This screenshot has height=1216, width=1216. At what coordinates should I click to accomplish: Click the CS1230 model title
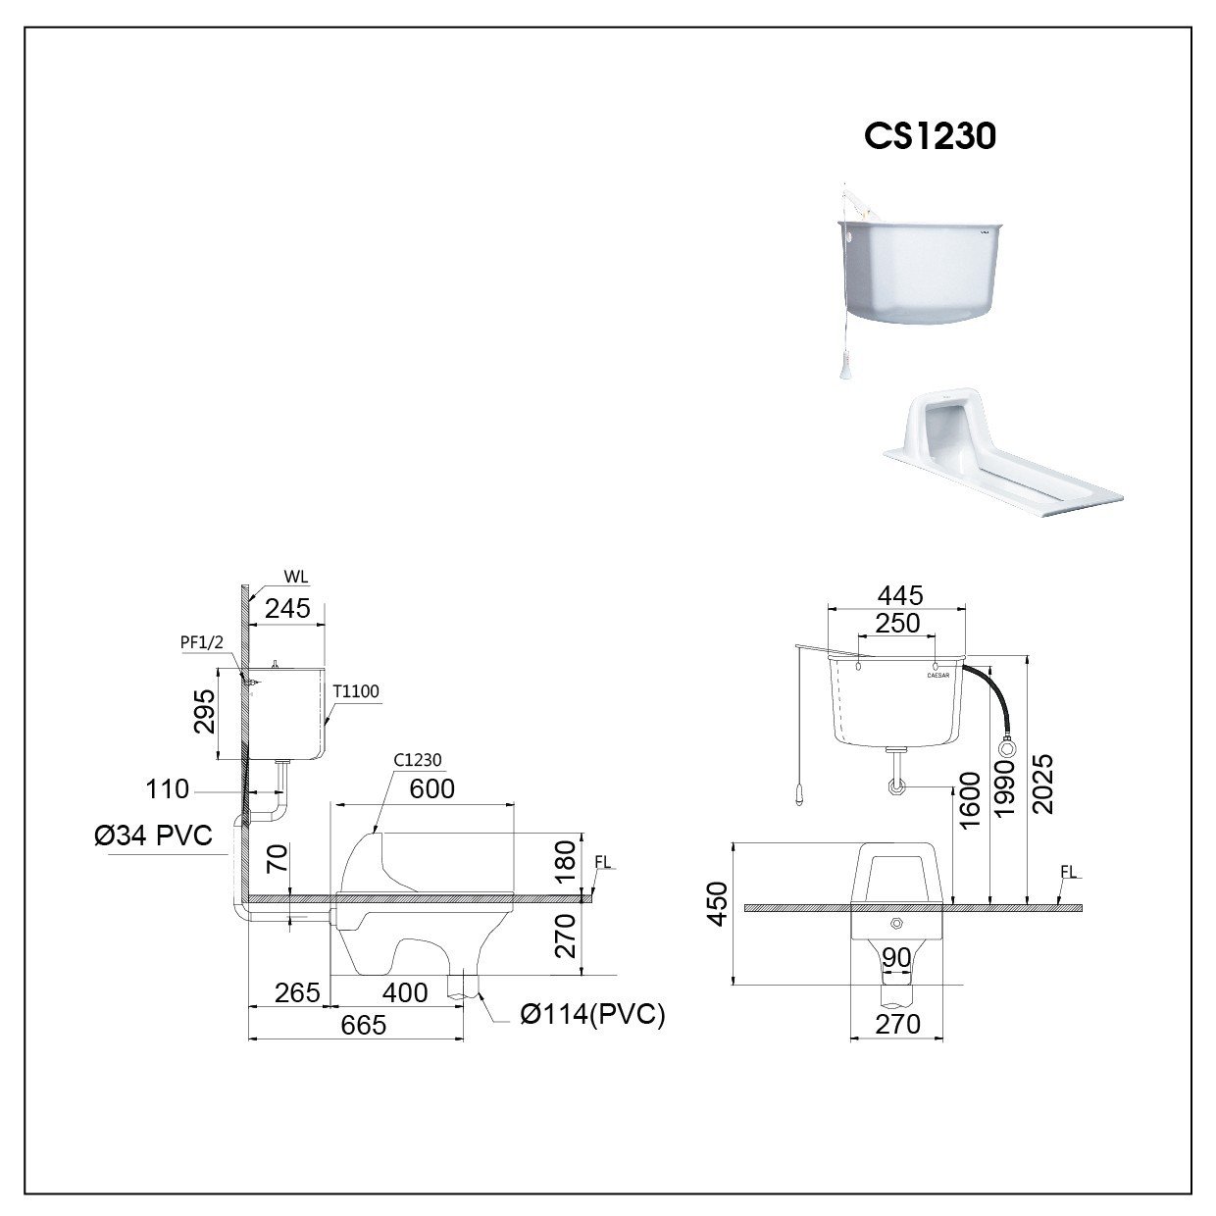point(930,136)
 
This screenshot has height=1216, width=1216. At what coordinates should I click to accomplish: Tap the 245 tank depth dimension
point(287,609)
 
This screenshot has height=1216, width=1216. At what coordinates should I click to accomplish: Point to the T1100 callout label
point(356,692)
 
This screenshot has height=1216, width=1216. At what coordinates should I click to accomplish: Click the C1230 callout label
point(419,759)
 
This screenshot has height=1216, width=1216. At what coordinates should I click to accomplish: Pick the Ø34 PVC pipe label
point(153,836)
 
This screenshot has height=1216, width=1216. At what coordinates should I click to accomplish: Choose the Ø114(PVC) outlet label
point(592,1015)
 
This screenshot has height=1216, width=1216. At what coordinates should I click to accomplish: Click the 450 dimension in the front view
point(719,904)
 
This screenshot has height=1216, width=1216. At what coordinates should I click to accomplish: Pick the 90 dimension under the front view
point(896,956)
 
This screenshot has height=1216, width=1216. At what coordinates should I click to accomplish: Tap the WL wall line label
point(295,578)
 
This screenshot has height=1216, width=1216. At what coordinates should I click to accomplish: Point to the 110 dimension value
point(168,788)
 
